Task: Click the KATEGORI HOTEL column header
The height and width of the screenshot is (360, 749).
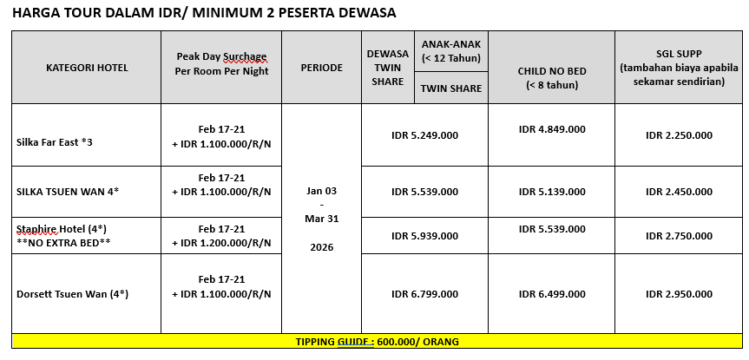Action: coord(87,67)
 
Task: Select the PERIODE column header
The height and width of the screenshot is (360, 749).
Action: coord(321,67)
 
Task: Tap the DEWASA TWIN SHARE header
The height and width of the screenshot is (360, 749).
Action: coord(387,67)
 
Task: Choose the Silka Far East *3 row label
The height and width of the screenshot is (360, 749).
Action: coord(56,141)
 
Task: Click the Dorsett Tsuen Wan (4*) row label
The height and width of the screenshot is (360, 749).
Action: coord(72,294)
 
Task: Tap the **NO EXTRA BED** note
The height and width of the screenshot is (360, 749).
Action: coord(63,242)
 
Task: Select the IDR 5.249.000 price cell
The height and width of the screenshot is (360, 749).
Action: coord(424,135)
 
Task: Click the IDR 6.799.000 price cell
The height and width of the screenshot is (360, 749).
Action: coord(424,294)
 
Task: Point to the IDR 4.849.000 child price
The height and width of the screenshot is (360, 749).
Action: coord(551,129)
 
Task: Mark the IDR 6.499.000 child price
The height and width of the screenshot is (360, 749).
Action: coord(551,294)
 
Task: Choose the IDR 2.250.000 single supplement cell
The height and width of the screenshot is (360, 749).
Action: coord(679,135)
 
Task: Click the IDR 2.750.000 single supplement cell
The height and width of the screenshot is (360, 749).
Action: coord(679,235)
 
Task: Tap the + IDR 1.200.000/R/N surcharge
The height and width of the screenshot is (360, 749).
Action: coord(221,242)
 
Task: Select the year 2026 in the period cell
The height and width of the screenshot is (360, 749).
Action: coord(321,247)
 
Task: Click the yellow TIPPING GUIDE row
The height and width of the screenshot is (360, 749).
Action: coord(376,341)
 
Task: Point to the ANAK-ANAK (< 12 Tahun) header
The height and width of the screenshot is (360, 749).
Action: coord(451,51)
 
